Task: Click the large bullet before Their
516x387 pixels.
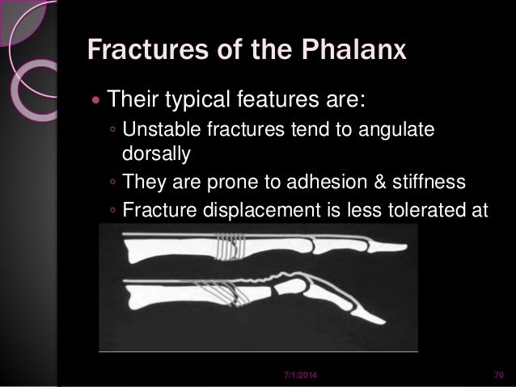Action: click(x=97, y=103)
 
